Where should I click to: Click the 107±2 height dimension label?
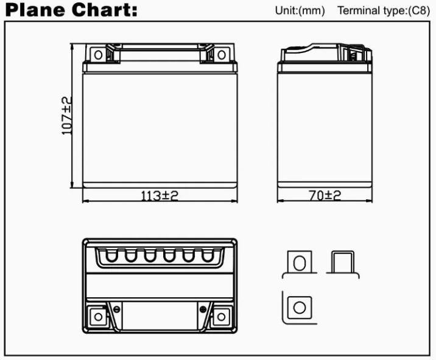[66, 116]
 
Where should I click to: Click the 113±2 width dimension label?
[160, 196]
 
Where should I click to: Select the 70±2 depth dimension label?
[325, 196]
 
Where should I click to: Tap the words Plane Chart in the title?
[71, 10]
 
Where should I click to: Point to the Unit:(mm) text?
[300, 10]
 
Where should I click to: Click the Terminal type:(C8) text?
[384, 10]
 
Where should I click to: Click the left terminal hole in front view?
[98, 55]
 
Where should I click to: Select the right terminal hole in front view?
[221, 55]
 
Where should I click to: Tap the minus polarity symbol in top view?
[117, 309]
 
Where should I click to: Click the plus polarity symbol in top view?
[203, 309]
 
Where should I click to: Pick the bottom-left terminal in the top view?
[98, 316]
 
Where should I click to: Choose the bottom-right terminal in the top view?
[221, 316]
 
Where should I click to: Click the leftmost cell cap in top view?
[111, 256]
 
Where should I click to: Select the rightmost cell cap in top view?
[208, 256]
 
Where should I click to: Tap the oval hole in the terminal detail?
[300, 263]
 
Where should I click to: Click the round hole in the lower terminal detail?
[300, 308]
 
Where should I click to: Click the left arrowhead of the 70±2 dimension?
[280, 200]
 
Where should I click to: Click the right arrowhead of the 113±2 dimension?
[234, 200]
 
